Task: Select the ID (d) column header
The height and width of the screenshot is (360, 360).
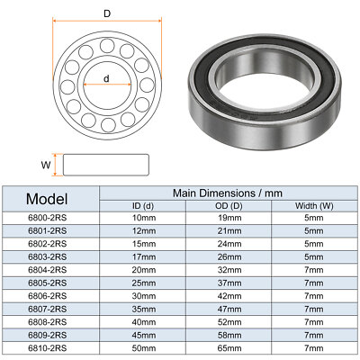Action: tap(143, 206)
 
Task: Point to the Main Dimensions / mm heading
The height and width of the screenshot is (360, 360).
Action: tap(226, 192)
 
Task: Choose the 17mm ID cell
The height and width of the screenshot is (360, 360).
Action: tap(143, 257)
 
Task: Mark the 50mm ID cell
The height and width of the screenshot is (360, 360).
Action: tap(143, 346)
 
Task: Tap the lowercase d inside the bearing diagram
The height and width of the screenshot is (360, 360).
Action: tap(106, 78)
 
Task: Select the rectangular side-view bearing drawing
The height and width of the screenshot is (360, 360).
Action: tap(106, 163)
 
